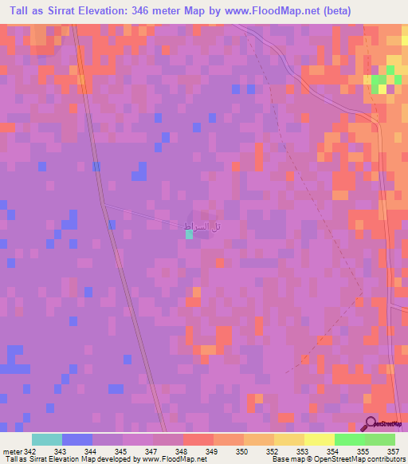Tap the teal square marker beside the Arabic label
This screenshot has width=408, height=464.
(x=189, y=234)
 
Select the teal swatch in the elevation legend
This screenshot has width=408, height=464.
(x=47, y=439)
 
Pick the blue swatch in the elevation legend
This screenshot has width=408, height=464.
(x=77, y=439)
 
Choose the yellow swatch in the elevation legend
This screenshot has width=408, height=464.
(x=320, y=439)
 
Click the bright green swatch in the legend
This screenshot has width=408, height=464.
(x=350, y=439)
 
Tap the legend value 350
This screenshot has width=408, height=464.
(x=244, y=452)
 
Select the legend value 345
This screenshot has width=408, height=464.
(x=123, y=452)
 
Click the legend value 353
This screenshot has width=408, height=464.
(x=304, y=452)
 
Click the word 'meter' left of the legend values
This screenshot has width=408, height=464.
(x=11, y=452)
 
